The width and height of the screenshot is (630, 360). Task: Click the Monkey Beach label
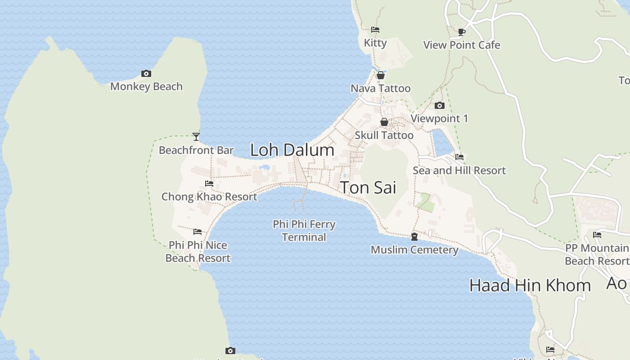[x=146, y=86]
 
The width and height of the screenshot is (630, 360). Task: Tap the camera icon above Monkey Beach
[x=146, y=74]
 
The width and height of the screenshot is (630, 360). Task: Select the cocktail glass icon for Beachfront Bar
[x=196, y=136]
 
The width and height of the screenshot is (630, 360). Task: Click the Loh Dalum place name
[x=292, y=150]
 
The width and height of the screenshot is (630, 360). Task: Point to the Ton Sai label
[x=368, y=188]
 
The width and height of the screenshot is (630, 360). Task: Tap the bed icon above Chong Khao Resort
[x=209, y=184]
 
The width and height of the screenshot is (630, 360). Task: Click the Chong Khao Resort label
[x=209, y=197]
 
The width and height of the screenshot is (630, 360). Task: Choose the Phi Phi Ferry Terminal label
[x=304, y=230]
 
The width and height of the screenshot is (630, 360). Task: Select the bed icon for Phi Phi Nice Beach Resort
[x=198, y=232]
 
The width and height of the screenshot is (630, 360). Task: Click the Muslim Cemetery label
[x=414, y=250]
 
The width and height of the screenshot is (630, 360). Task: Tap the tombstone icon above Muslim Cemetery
[x=414, y=237]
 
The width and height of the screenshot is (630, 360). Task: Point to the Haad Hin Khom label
[x=530, y=285]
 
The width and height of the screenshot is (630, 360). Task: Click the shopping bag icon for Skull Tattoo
[x=384, y=122]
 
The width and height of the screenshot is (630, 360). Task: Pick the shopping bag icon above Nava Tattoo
[x=381, y=75]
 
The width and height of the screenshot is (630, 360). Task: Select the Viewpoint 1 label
[x=439, y=118]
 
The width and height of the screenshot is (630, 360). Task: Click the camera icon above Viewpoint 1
[x=440, y=106]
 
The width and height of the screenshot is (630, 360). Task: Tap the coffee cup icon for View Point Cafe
[x=462, y=32]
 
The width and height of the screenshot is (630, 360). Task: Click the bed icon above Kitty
[x=375, y=30]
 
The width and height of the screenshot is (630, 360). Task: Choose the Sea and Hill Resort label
[x=459, y=171]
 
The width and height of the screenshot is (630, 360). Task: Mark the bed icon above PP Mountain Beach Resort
[x=597, y=235]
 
